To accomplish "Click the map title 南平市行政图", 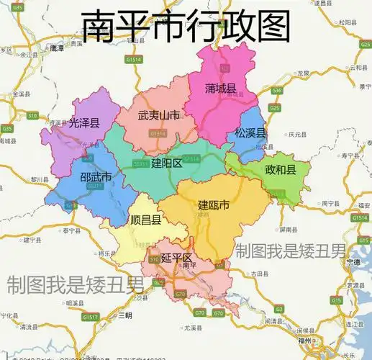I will pos(185,27).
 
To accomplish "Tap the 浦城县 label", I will pos(220,89).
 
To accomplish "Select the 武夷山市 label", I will pos(159,116).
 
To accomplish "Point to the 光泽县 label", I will pos(85,122).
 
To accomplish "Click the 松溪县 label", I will pos(250,133).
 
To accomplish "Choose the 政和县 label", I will pos(281,171).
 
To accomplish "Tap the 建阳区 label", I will pos(167,163).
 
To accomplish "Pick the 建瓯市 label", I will pos(214,205).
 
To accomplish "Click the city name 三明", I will pos(125,315).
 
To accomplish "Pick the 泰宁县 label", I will pos(70,230).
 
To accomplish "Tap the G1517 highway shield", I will pos(90,317).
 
